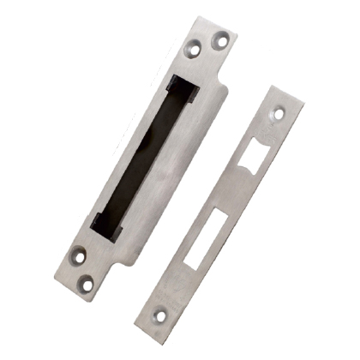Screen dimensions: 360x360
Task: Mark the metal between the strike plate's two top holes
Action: (207, 45)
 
